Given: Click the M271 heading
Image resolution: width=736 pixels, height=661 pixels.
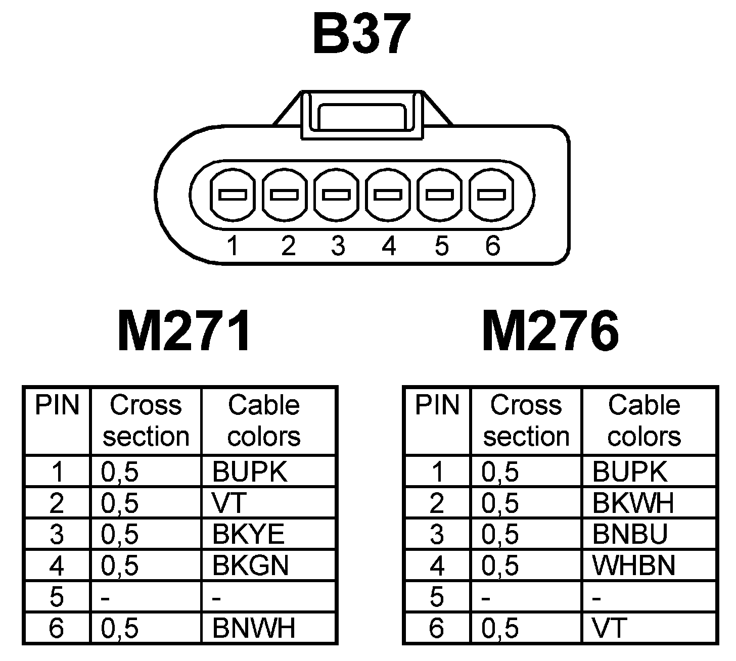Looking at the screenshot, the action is point(184,332).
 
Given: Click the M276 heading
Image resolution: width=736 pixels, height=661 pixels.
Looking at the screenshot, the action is point(550,332).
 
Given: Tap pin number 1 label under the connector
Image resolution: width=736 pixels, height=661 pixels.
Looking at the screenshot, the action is point(233,246).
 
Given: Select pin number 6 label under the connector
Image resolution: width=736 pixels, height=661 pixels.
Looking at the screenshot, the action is point(492,246).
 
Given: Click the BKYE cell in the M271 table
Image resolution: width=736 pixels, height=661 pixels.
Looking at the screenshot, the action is point(248,534).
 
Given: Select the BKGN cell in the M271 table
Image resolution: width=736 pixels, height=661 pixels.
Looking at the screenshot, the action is point(250,565).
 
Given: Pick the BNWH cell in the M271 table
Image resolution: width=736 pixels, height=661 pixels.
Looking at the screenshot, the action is point(253,628).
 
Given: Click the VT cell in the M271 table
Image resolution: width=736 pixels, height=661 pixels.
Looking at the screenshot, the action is point(228,502).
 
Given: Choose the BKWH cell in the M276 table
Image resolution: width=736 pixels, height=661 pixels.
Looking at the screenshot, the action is point(633,502).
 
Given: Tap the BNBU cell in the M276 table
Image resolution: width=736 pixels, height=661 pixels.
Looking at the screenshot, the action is point(629,534).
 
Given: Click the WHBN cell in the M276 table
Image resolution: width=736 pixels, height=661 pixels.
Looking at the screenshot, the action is point(633,565).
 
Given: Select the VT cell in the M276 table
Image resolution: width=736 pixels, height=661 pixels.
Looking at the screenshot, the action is point(609,628).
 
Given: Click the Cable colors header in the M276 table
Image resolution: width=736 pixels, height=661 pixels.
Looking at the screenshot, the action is point(644,420).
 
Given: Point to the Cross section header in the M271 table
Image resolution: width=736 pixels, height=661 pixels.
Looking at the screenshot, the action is point(146,420).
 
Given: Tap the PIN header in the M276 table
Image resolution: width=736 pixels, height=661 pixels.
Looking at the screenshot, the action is point(437,405).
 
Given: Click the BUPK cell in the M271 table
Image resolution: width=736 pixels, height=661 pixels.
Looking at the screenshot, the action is point(250,471).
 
